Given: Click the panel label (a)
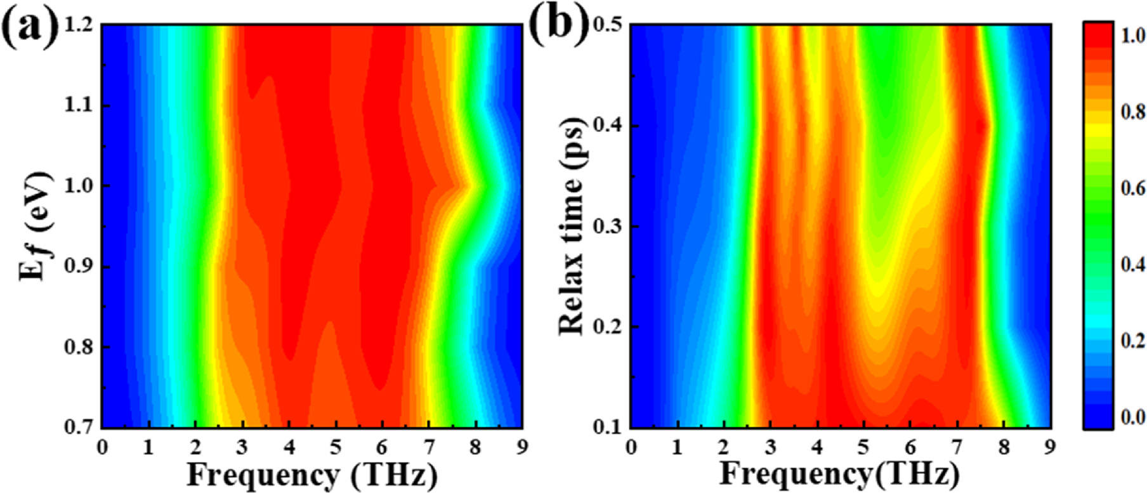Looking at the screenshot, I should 30,26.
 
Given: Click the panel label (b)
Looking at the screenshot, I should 558,26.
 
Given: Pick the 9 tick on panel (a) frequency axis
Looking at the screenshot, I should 522,446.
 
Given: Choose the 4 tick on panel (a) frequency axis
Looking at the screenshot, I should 289,446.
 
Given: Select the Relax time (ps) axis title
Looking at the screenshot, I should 571,226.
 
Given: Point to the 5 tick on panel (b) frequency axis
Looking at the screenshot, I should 864,446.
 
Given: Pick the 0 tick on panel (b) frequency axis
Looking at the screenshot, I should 631,446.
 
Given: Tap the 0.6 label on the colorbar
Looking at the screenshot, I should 1134,188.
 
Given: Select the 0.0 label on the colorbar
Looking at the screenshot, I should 1134,417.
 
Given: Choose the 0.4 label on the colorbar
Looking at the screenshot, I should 1134,265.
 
